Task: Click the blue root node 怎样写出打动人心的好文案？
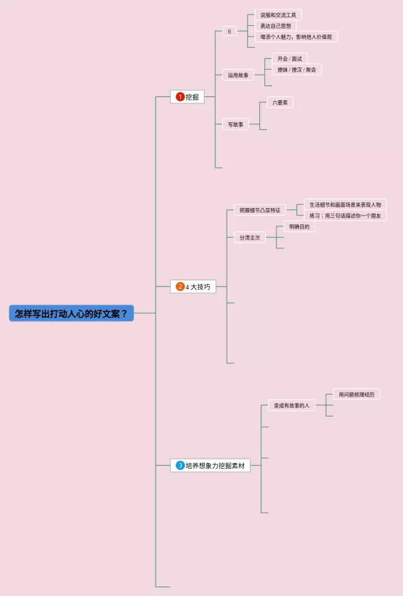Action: (71, 313)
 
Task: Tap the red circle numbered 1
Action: (180, 97)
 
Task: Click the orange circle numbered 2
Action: (180, 287)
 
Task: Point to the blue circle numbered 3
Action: (180, 466)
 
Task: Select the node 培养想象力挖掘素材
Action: (215, 466)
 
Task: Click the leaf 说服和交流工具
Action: (278, 14)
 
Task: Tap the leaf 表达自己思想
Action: (275, 26)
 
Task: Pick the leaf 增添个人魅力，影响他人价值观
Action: (296, 37)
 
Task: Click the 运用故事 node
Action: (238, 75)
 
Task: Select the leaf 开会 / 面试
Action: (290, 59)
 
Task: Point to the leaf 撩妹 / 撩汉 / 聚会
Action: (297, 69)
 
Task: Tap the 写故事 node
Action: (236, 125)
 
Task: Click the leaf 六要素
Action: (280, 102)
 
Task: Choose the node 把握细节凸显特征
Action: (259, 210)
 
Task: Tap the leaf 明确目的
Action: (299, 227)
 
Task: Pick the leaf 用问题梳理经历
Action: (356, 394)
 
